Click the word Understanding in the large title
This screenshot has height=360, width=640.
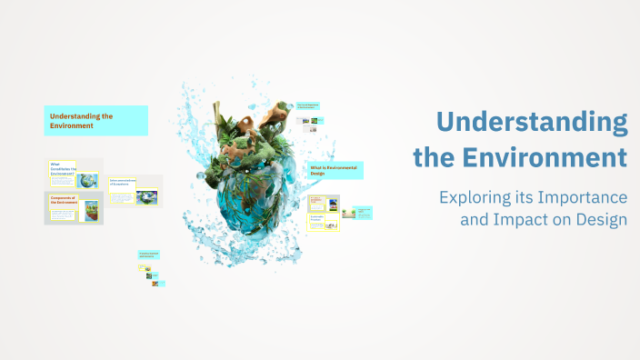(531, 122)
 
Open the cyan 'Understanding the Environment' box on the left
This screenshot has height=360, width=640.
(95, 121)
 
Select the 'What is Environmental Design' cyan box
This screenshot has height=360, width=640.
(335, 170)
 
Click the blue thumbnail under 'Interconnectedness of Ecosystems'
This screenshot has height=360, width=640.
(145, 196)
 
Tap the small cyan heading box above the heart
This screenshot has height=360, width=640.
(308, 106)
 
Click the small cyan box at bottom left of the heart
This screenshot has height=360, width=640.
(148, 255)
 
